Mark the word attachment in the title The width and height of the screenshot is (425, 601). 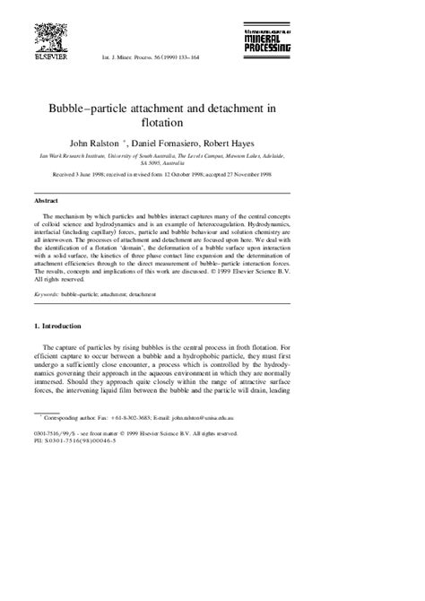click(223, 106)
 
